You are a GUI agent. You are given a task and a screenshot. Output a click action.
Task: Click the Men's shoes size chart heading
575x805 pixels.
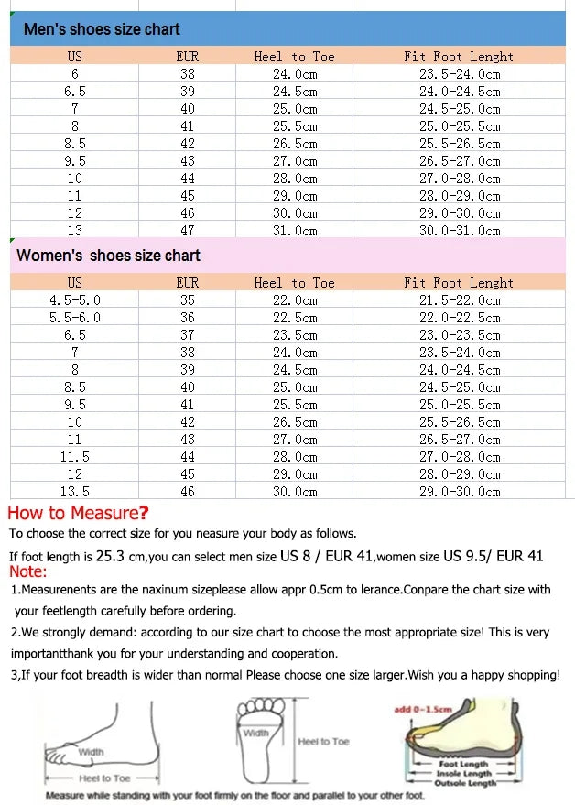(102, 29)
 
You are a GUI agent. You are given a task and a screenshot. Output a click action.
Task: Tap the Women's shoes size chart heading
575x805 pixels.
(108, 256)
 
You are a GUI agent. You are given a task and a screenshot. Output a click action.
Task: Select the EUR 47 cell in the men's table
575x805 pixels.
(187, 231)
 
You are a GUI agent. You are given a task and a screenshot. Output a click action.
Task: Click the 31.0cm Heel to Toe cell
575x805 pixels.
(294, 231)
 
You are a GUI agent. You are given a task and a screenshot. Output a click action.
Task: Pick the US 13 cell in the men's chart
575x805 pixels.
(74, 231)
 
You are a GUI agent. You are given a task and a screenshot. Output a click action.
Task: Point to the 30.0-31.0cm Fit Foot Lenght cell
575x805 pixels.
(460, 231)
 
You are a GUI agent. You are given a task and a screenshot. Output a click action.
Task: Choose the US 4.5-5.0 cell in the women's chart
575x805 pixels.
(74, 300)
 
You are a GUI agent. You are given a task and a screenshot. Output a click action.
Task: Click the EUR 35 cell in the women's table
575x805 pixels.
(187, 300)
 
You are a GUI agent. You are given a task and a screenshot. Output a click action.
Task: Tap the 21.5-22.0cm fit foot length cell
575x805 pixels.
(460, 300)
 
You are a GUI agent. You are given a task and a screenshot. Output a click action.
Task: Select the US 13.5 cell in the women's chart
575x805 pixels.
(74, 492)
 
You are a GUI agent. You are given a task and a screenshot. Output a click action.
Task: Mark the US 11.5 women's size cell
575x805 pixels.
(74, 457)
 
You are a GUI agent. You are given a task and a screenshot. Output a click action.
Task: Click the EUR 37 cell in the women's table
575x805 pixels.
(187, 335)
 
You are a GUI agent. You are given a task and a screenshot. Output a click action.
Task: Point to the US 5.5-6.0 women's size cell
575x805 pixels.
(74, 318)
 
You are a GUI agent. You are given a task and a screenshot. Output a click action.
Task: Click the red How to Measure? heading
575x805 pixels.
(78, 513)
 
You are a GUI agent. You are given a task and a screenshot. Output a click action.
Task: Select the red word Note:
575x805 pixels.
(27, 572)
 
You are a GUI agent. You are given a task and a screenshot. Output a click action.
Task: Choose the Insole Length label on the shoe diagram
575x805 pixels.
(466, 774)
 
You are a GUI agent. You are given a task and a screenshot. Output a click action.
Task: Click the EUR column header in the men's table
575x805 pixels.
(187, 57)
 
